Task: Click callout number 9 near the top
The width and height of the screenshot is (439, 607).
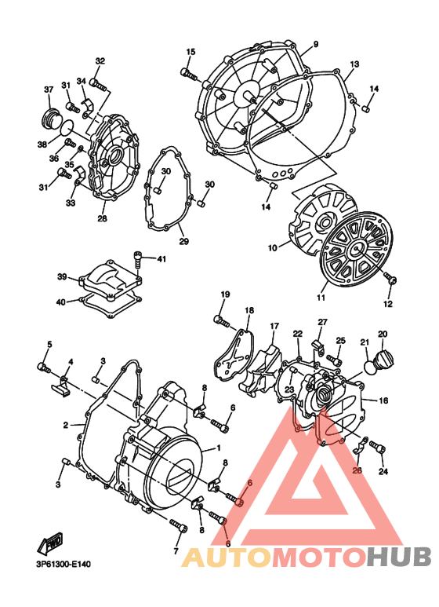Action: pyautogui.click(x=315, y=43)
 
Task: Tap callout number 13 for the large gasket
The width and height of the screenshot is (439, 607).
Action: pyautogui.click(x=354, y=64)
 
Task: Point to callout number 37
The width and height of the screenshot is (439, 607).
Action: pyautogui.click(x=47, y=89)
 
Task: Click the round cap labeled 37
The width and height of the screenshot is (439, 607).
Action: pyautogui.click(x=50, y=119)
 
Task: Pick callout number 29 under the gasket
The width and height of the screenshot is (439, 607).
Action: pyautogui.click(x=182, y=240)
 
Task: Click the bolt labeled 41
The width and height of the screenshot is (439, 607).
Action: pyautogui.click(x=139, y=255)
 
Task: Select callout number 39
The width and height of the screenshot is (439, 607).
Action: pyautogui.click(x=62, y=276)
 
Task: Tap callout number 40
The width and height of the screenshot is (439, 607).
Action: pyautogui.click(x=62, y=302)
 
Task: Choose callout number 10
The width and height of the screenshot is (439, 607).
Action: pyautogui.click(x=273, y=247)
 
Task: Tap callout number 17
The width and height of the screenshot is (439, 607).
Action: pyautogui.click(x=274, y=326)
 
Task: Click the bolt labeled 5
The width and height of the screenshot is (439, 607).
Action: pyautogui.click(x=44, y=366)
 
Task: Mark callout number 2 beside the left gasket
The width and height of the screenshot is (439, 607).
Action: pyautogui.click(x=67, y=425)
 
